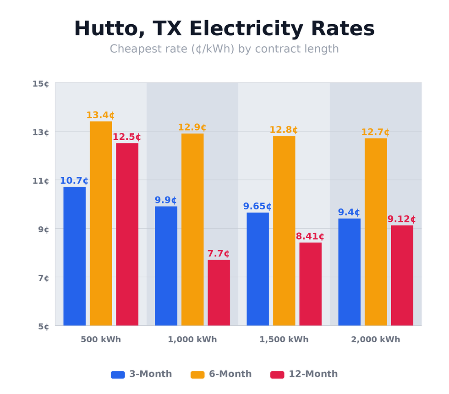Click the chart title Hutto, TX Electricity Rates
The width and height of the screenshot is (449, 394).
(224, 29)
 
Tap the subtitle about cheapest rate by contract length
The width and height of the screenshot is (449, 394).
(224, 49)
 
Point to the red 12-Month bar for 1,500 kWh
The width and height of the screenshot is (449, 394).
(310, 284)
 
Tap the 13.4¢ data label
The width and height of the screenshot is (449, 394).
(100, 115)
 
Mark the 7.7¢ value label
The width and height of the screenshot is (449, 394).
(219, 254)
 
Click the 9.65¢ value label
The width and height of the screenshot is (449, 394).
(257, 207)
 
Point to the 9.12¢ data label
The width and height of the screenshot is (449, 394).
(401, 219)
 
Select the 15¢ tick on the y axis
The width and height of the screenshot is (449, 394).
(41, 84)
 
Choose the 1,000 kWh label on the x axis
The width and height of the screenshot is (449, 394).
(192, 340)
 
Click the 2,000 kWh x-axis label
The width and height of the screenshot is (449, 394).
(375, 340)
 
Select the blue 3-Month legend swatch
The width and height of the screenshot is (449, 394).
(118, 375)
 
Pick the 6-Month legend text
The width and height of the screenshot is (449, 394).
(230, 374)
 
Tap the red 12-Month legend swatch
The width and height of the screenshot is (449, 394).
(277, 375)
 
